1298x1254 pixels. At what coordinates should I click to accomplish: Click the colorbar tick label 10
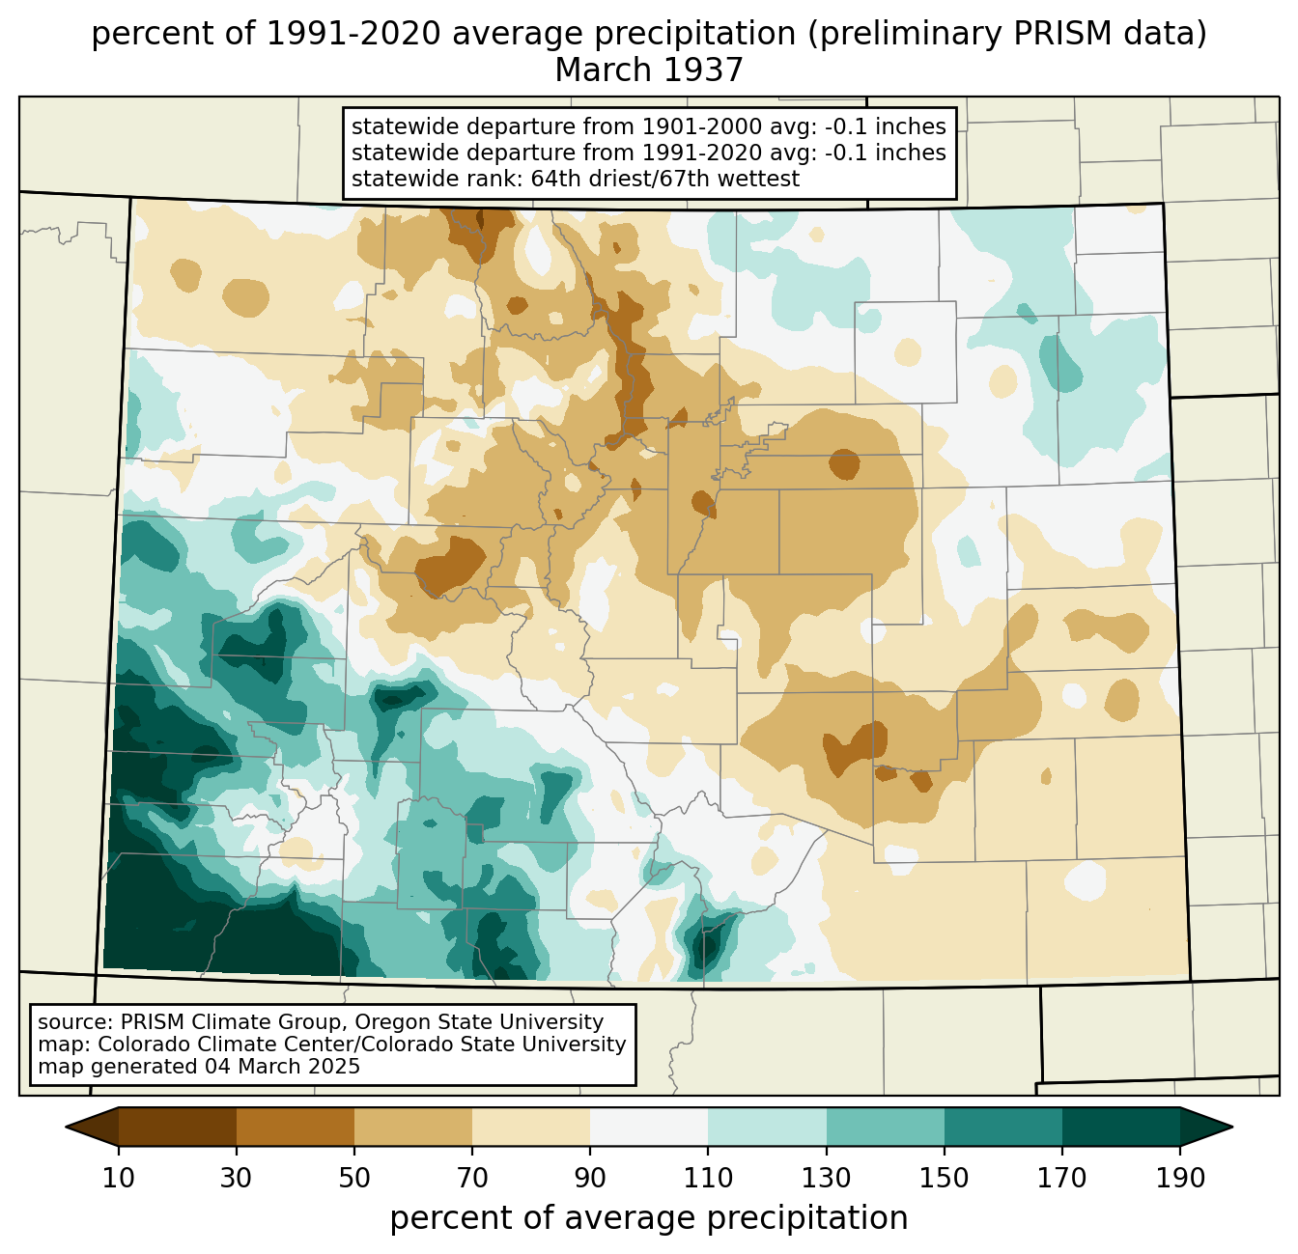[x=118, y=1179]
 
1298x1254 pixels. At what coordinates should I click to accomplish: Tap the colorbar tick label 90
[x=590, y=1179]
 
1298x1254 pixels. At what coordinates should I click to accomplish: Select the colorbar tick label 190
[x=1180, y=1179]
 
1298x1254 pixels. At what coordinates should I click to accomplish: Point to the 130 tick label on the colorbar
[x=826, y=1179]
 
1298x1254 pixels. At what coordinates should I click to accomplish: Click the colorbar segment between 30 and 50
[x=295, y=1127]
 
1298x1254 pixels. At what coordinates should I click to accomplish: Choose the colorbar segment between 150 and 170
[x=1002, y=1127]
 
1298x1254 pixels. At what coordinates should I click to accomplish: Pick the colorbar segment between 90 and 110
[x=649, y=1127]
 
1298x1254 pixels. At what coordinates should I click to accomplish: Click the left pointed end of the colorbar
[x=66, y=1127]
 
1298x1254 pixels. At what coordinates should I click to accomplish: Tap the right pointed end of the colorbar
[x=1231, y=1127]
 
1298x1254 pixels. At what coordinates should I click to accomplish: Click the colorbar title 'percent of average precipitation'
[x=648, y=1218]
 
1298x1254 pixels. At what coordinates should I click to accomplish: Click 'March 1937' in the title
[x=648, y=70]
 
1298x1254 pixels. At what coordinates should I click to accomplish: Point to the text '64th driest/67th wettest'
[x=665, y=179]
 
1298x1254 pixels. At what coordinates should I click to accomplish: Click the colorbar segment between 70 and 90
[x=531, y=1127]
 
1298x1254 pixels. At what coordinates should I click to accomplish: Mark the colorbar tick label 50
[x=354, y=1179]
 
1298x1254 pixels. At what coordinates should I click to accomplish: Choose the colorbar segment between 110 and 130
[x=767, y=1127]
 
